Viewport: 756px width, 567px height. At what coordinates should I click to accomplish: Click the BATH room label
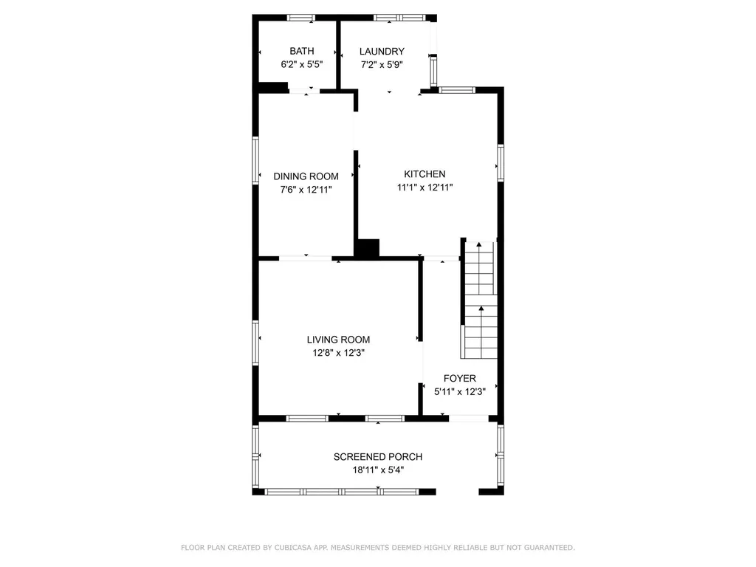(x=302, y=51)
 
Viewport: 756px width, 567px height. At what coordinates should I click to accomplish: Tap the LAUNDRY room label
(x=382, y=52)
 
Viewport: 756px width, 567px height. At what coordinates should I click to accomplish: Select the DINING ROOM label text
(x=306, y=176)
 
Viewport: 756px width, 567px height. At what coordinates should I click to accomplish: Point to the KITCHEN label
(x=425, y=174)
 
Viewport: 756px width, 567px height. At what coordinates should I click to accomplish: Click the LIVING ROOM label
(x=338, y=340)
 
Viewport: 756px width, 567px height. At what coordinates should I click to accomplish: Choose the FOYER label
(x=460, y=379)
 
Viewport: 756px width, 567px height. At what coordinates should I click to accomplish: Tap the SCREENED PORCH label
(x=378, y=456)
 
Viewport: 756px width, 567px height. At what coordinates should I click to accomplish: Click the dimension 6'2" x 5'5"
(x=302, y=64)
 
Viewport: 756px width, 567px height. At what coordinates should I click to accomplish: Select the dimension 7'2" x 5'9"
(x=382, y=65)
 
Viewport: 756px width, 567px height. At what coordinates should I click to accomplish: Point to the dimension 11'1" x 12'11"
(x=425, y=188)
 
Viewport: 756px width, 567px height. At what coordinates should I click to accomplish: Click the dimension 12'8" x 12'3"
(x=338, y=353)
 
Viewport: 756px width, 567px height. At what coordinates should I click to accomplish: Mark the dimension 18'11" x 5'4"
(x=378, y=470)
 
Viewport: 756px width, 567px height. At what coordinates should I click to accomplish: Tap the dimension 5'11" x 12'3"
(x=460, y=392)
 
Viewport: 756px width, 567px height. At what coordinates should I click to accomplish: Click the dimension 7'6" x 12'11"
(x=306, y=190)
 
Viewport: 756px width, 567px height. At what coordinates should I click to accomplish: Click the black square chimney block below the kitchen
(x=368, y=248)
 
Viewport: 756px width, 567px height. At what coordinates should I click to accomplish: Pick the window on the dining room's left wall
(x=255, y=160)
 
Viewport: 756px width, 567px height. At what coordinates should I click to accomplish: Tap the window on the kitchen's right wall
(x=501, y=163)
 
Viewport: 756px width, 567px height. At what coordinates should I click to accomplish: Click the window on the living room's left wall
(x=255, y=343)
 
